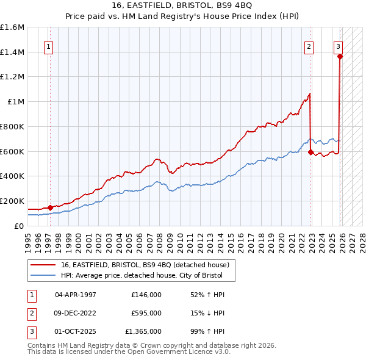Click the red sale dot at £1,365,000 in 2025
(x=340, y=57)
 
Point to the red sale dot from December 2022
(x=311, y=152)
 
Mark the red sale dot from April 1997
(x=50, y=207)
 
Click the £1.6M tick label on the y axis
(x=12, y=27)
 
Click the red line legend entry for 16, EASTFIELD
(x=145, y=265)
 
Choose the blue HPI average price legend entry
(x=142, y=276)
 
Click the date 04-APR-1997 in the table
(x=76, y=295)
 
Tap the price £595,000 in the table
(x=146, y=313)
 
